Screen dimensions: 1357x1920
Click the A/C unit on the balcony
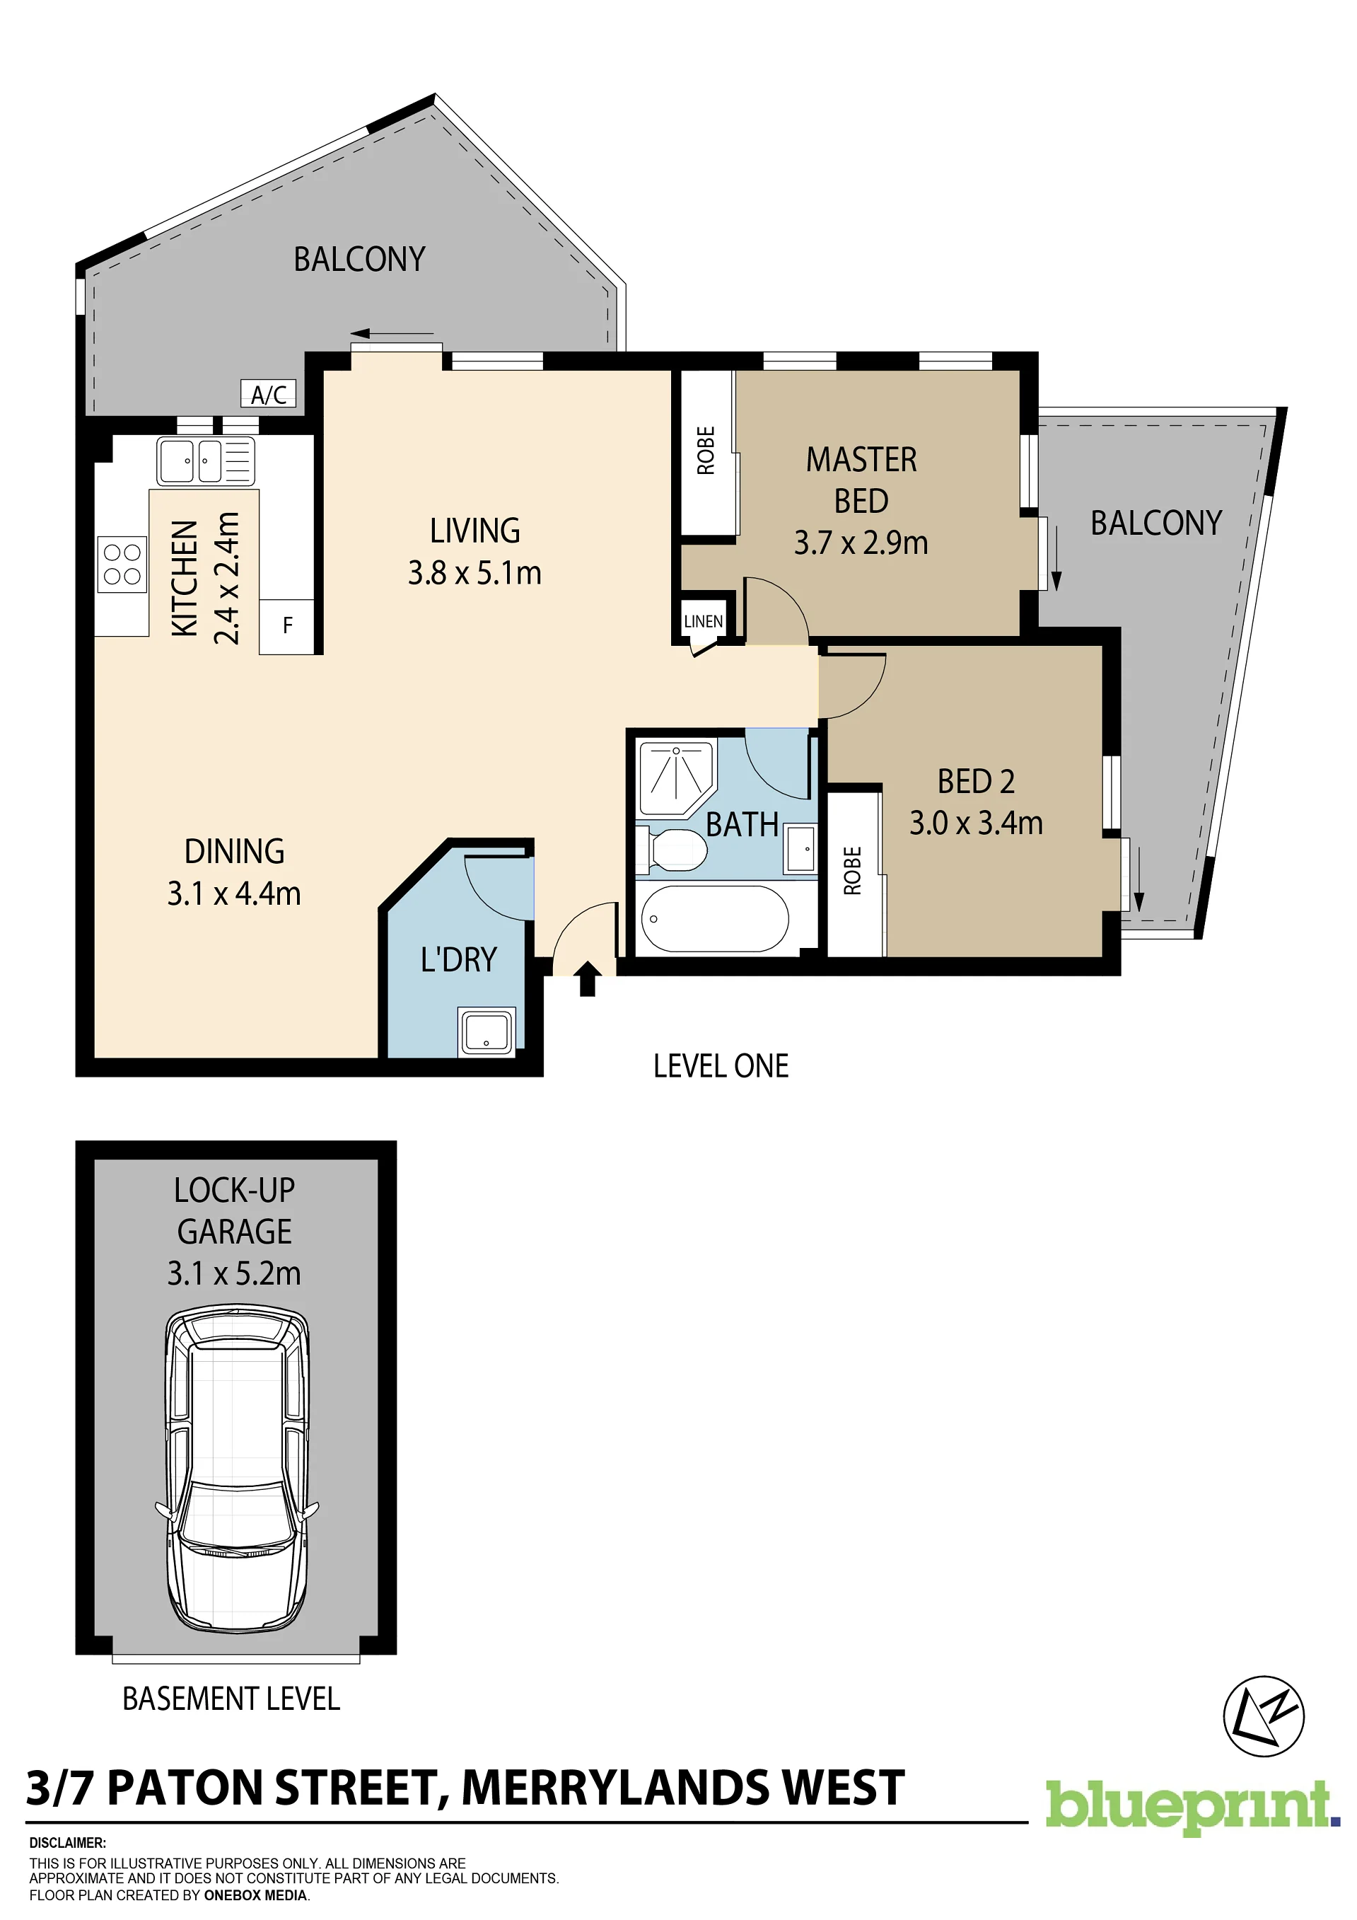pos(269,394)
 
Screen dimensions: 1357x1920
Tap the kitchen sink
pos(206,461)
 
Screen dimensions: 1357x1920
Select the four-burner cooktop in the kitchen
pos(122,565)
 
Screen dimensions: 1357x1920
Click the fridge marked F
pos(287,625)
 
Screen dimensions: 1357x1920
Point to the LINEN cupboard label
pos(703,621)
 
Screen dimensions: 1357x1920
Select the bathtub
pos(715,919)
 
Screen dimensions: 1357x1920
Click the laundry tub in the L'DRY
pos(487,1030)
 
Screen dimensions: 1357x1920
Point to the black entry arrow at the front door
pos(588,978)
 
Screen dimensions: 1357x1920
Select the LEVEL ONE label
pos(721,1066)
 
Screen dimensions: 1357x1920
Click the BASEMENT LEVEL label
pos(232,1699)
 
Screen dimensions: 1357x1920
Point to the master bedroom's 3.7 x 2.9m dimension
pos(861,543)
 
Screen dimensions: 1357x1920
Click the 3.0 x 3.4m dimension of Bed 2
pos(977,823)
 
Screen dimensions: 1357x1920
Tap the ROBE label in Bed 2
pos(852,871)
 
